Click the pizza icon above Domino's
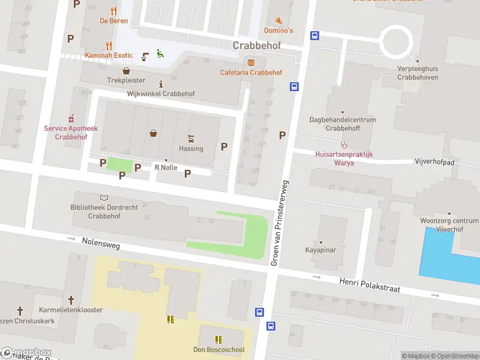tap(278, 20)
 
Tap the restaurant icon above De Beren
tap(113, 11)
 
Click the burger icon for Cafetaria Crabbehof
tap(251, 62)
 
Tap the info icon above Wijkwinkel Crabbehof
tap(160, 84)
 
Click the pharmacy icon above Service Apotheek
tap(71, 118)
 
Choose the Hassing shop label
tap(191, 148)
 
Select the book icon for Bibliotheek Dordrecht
tap(104, 197)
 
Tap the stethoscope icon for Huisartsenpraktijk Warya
tap(344, 144)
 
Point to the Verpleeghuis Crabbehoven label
tap(418, 73)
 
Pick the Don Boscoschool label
tap(218, 350)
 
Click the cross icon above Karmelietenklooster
tap(71, 299)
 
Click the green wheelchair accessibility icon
tap(160, 53)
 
